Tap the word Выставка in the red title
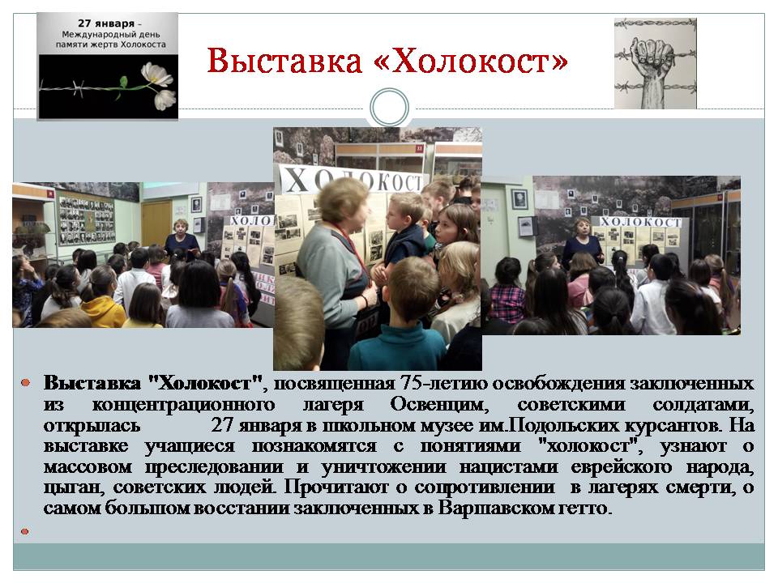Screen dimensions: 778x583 (x=284, y=61)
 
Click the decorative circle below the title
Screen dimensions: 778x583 (x=390, y=108)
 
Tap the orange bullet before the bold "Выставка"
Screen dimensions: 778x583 (x=26, y=383)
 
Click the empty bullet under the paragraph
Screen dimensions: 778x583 (x=25, y=531)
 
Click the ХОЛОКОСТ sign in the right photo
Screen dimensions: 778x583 (x=640, y=222)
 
